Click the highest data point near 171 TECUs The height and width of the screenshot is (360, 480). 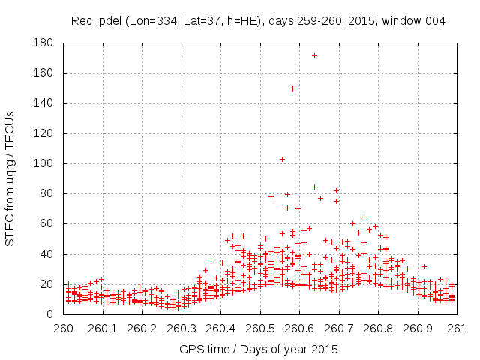314,55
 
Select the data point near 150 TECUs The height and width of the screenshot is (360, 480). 292,88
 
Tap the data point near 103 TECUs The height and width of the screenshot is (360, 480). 282,159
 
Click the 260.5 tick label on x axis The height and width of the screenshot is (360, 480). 260,328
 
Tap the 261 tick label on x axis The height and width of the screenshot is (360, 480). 457,328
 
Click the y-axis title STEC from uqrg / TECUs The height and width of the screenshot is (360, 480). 10,178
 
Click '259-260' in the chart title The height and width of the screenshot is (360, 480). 324,21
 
